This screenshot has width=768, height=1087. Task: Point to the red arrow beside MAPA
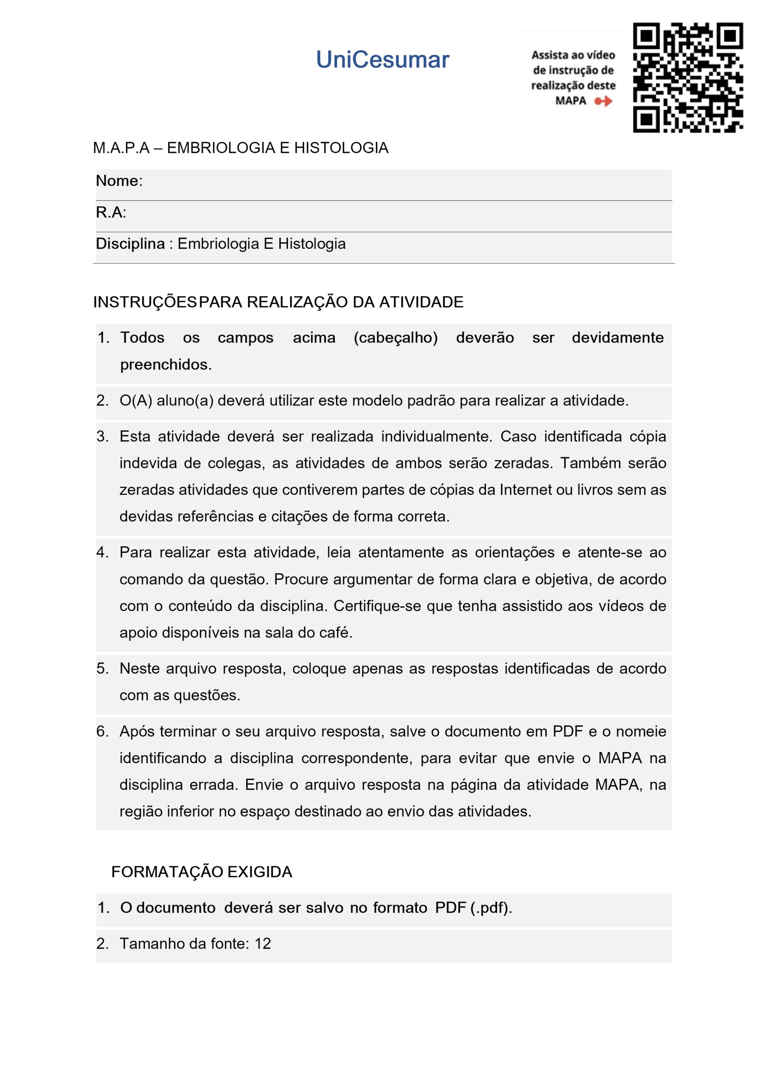603,101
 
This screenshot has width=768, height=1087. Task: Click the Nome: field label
119,181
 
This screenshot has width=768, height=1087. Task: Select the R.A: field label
111,213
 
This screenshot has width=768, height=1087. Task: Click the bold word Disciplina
130,244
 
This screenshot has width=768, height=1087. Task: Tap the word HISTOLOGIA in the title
341,148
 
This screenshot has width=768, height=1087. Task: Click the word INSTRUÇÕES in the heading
144,302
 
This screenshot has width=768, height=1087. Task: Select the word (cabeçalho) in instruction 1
395,338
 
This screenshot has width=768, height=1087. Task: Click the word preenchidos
165,365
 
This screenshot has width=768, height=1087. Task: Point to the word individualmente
437,436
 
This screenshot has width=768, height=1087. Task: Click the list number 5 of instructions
102,668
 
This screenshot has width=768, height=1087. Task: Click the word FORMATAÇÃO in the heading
167,872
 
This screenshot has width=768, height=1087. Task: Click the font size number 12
263,943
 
